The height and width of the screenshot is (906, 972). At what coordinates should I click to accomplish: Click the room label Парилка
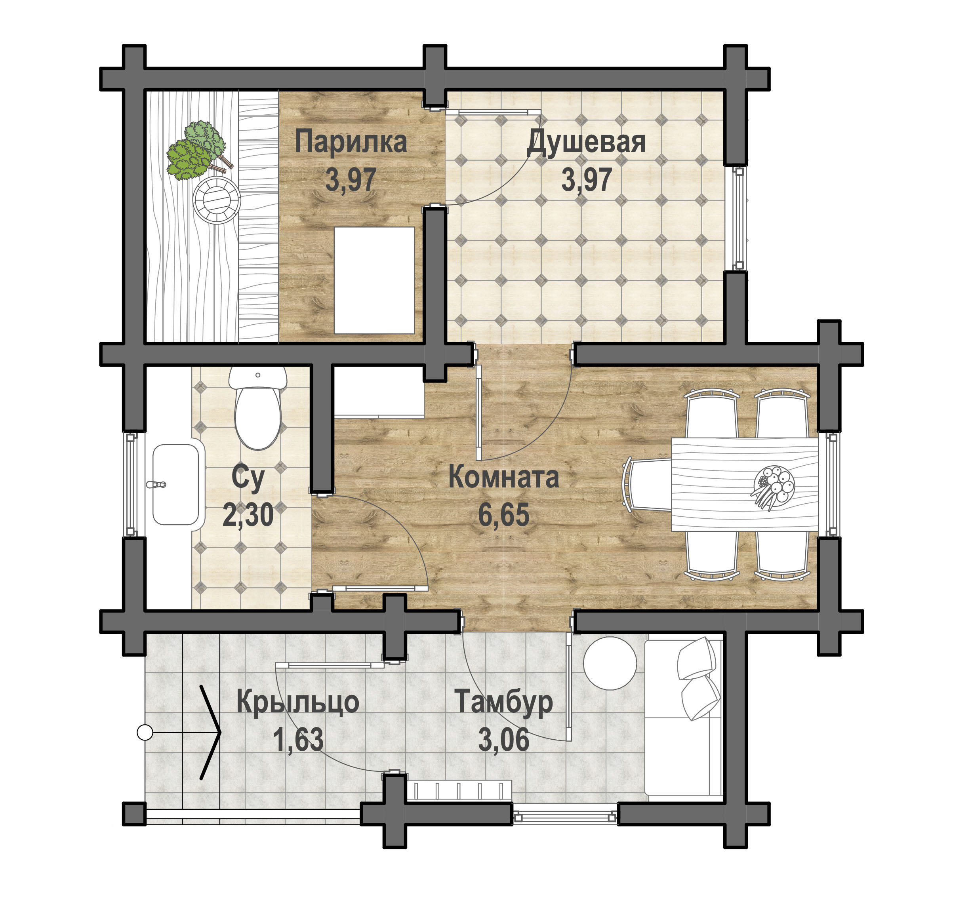pyautogui.click(x=351, y=142)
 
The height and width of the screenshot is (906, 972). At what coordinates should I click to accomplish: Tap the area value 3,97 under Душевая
pyautogui.click(x=586, y=180)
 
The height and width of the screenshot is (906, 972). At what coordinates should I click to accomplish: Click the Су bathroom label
pyautogui.click(x=248, y=478)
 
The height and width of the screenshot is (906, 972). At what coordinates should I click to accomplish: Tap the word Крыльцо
pyautogui.click(x=298, y=702)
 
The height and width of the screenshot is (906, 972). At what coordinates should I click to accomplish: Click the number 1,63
pyautogui.click(x=298, y=739)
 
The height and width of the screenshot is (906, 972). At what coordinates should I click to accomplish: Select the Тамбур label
pyautogui.click(x=504, y=702)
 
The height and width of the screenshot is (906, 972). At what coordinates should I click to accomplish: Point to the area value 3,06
pyautogui.click(x=504, y=739)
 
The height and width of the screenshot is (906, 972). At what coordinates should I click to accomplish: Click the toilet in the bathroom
pyautogui.click(x=258, y=407)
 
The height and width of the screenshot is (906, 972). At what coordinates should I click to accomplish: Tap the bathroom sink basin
pyautogui.click(x=175, y=484)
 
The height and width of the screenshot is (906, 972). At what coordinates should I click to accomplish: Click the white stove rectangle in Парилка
pyautogui.click(x=374, y=280)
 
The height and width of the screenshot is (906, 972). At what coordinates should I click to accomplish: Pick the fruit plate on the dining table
pyautogui.click(x=774, y=487)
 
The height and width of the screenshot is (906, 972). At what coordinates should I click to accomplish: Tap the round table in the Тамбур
pyautogui.click(x=610, y=663)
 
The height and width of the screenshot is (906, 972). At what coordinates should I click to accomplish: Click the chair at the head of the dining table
pyautogui.click(x=647, y=484)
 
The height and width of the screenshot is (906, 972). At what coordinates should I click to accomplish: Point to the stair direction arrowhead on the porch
pyautogui.click(x=211, y=733)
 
